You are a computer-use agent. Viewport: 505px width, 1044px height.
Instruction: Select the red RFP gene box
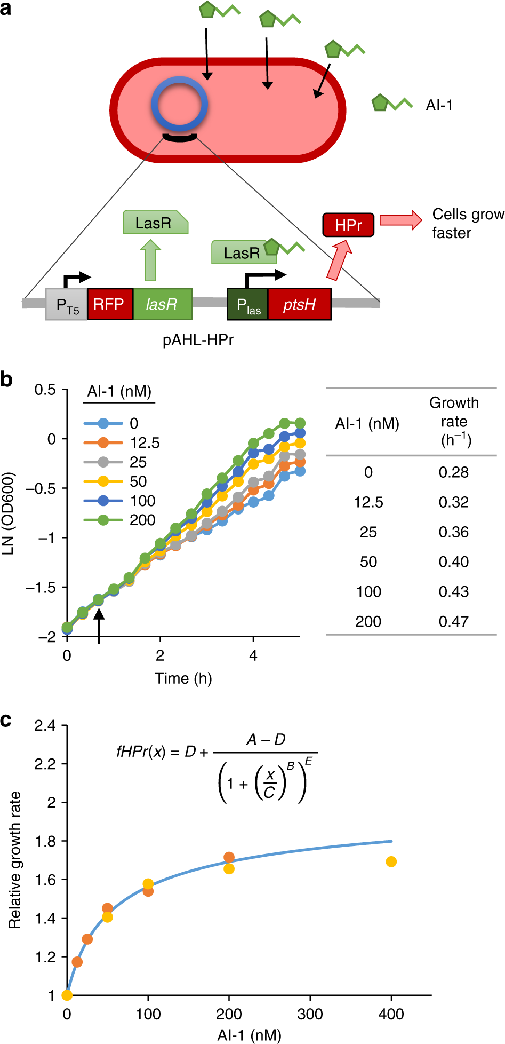[110, 305]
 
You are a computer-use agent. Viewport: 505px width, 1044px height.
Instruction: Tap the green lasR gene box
[162, 305]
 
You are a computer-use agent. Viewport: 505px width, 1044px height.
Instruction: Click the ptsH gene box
[299, 305]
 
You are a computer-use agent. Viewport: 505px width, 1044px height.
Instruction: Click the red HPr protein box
[348, 225]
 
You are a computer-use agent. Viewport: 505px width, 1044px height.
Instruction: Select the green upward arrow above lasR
[151, 260]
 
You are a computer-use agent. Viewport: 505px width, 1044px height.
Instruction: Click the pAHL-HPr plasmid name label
[198, 339]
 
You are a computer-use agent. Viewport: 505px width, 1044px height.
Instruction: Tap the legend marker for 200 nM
[103, 520]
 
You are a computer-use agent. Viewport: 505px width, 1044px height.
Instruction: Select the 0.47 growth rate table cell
[454, 622]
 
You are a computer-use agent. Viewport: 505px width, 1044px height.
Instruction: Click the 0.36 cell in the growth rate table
[454, 532]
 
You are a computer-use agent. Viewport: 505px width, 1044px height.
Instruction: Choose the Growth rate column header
[454, 421]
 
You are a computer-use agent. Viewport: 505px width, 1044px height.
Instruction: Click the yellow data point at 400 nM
[391, 861]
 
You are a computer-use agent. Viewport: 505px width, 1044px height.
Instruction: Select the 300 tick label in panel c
[310, 1014]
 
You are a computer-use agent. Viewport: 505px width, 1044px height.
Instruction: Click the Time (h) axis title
[183, 678]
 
